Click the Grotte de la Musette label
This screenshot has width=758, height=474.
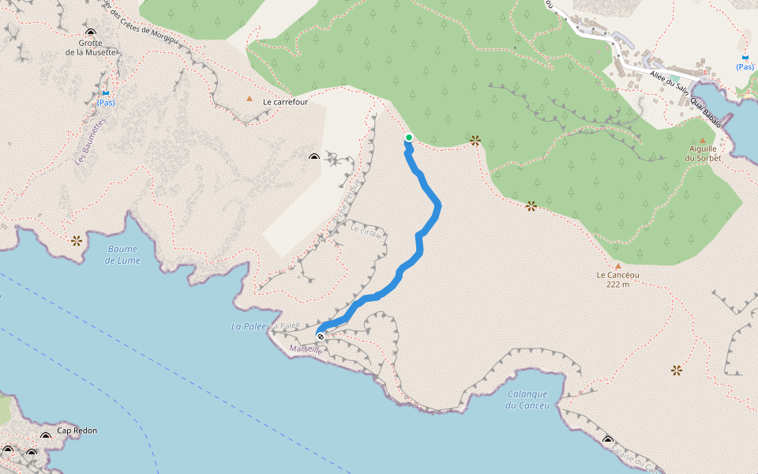coord(90,47)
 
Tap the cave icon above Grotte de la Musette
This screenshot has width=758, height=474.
coord(90,32)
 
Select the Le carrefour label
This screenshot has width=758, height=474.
coord(285,102)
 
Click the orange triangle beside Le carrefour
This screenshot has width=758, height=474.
coord(250,99)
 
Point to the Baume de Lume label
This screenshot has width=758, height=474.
coord(122,254)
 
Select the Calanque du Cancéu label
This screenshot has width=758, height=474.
coord(527,400)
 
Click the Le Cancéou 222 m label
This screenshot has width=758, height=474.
coord(617,280)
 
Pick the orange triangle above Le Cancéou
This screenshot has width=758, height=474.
coord(617,266)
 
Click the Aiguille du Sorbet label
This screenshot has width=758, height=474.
coord(703,153)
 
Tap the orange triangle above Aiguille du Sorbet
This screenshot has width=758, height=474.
coord(702,141)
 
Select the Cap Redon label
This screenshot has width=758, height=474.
coord(77,431)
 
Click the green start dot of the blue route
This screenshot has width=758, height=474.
coord(409,137)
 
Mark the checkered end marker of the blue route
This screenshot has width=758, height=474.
coord(321,336)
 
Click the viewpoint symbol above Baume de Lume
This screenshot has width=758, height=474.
coord(76,240)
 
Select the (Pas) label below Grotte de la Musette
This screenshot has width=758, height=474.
coord(106,103)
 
